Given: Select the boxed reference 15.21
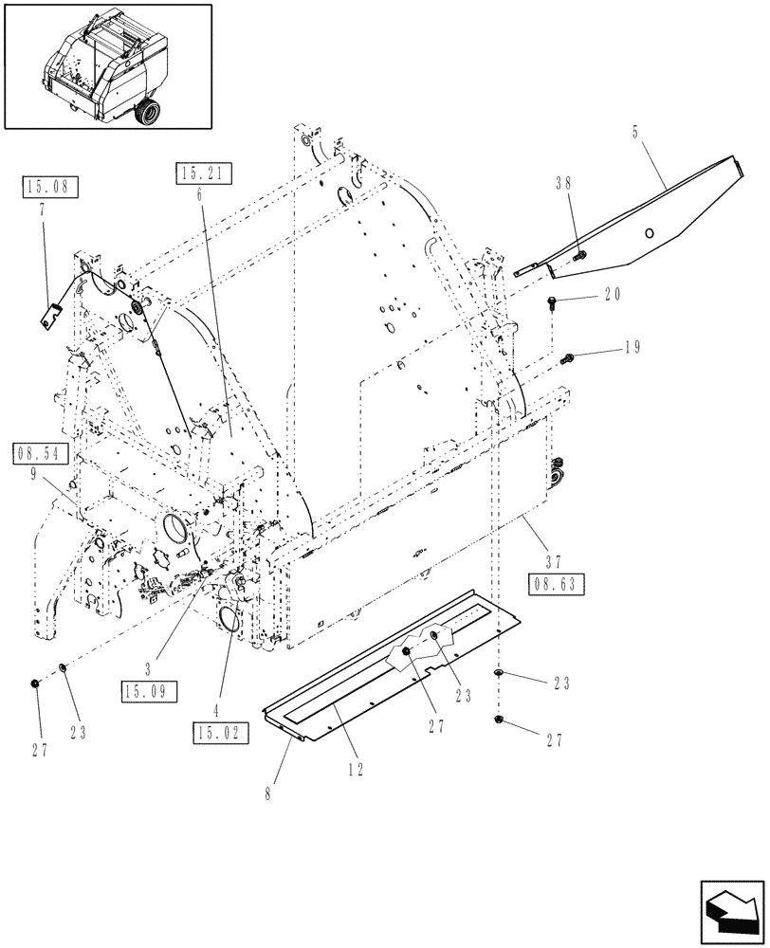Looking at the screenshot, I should [x=199, y=173].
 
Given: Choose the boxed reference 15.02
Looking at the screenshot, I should [x=216, y=731].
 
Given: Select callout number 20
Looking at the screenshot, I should [x=613, y=296].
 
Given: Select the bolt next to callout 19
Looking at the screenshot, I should [x=569, y=357].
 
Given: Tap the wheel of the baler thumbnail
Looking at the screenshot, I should [x=148, y=113].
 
